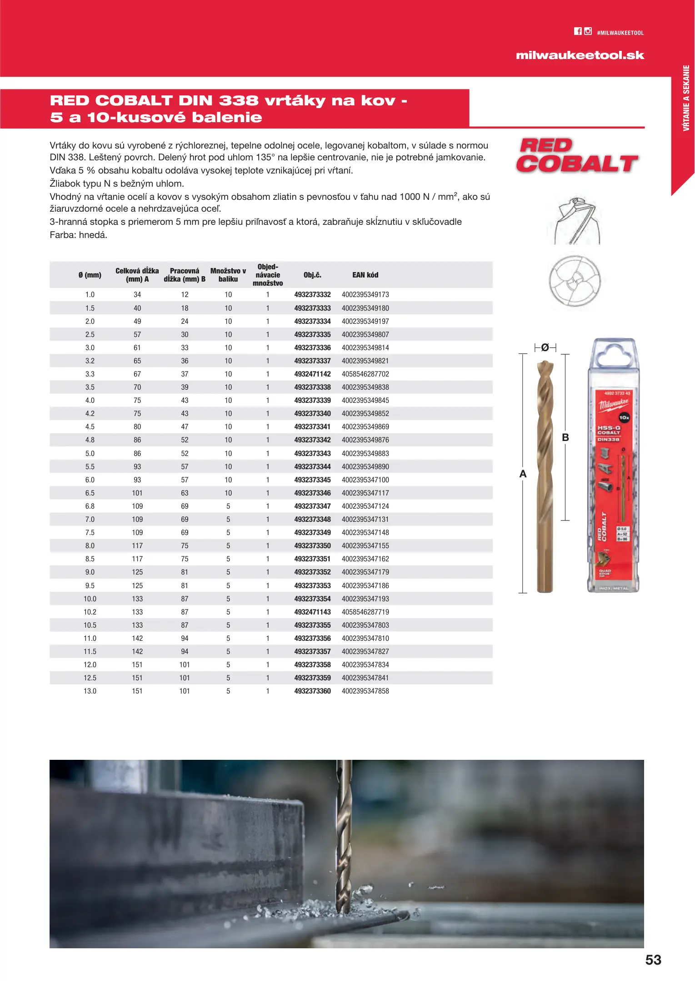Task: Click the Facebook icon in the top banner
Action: click(x=578, y=31)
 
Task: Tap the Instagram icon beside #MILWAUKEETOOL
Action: click(x=588, y=31)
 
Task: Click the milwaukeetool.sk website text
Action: click(x=580, y=55)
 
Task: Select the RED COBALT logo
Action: click(x=577, y=156)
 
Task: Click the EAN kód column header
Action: click(x=365, y=275)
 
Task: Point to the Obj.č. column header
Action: click(x=312, y=275)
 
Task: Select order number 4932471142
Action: click(x=312, y=374)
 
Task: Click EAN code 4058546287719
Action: click(x=365, y=612)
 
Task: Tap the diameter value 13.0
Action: click(x=90, y=691)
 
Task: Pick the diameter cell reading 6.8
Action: click(x=90, y=506)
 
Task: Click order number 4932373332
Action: click(x=312, y=295)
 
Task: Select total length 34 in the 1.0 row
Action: click(x=137, y=295)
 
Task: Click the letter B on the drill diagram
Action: click(x=565, y=437)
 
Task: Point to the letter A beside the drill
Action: click(x=523, y=474)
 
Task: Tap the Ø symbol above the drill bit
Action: click(x=545, y=348)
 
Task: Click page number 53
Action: click(x=653, y=960)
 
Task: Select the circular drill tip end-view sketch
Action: click(x=575, y=281)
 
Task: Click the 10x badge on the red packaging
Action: click(x=624, y=417)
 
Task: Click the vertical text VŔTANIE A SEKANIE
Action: click(x=686, y=98)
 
